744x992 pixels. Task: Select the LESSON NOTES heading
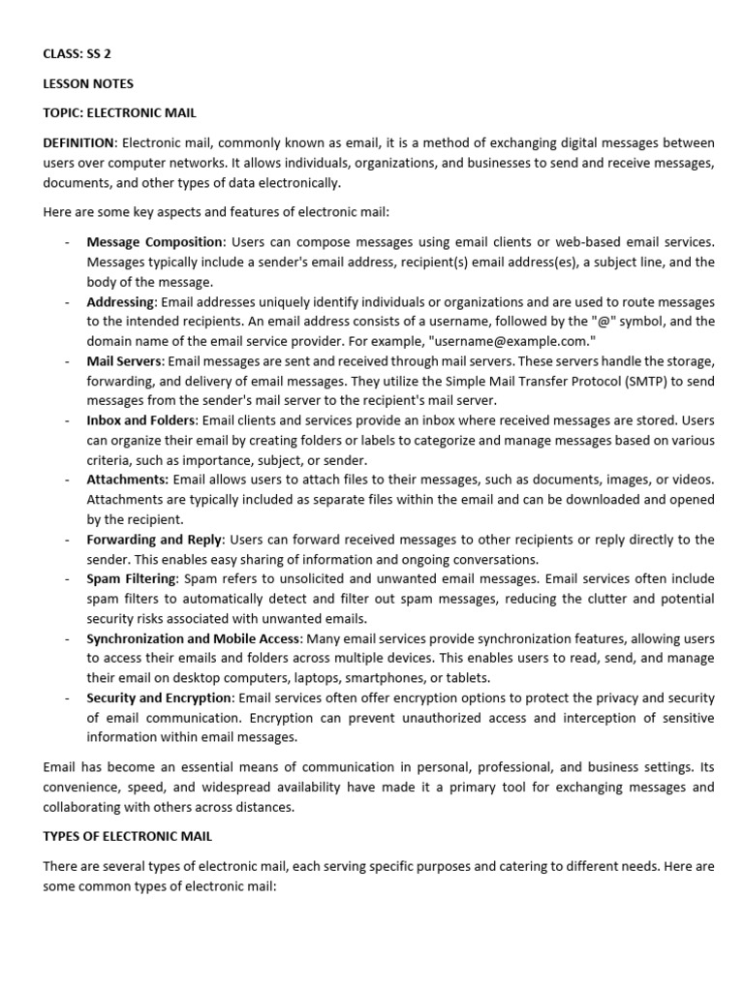pos(88,83)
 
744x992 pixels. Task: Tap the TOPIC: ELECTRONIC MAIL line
pos(120,113)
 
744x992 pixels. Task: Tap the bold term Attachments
pos(128,480)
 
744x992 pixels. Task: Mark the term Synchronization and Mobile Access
pos(194,638)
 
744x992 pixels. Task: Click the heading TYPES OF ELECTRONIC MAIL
pos(127,836)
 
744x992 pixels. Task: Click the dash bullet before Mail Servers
pos(66,361)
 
